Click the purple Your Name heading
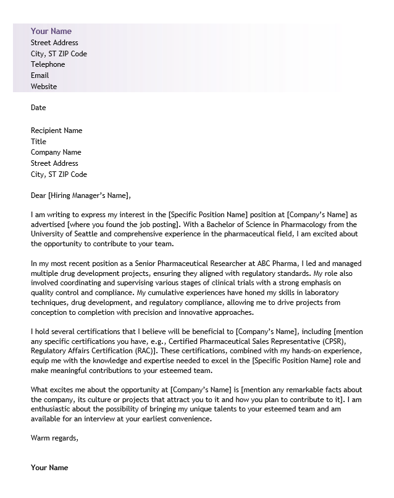pyautogui.click(x=51, y=31)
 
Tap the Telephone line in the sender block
pyautogui.click(x=48, y=64)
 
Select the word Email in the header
pyautogui.click(x=40, y=75)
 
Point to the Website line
pyautogui.click(x=44, y=87)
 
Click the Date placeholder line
pyautogui.click(x=38, y=108)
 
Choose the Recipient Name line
pyautogui.click(x=56, y=131)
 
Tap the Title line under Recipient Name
pyautogui.click(x=38, y=142)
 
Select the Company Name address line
pyautogui.click(x=56, y=152)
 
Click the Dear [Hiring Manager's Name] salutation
pyautogui.click(x=81, y=196)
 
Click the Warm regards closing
pyautogui.click(x=54, y=439)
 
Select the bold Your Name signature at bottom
pyautogui.click(x=49, y=467)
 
